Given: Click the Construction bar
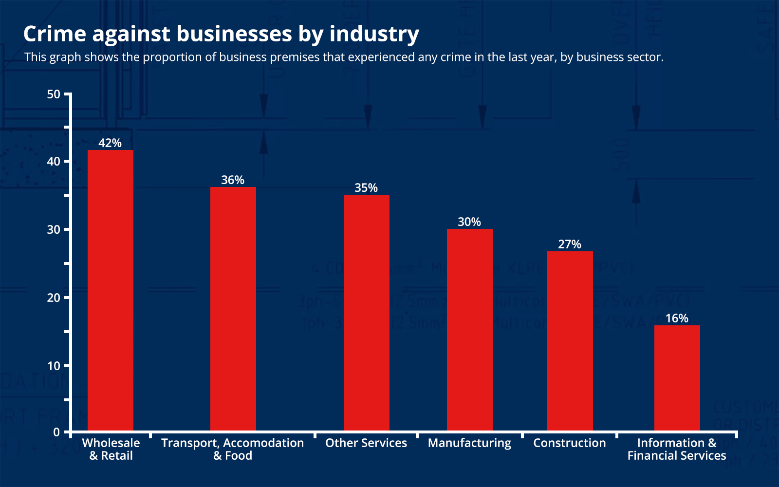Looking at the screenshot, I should point(570,341).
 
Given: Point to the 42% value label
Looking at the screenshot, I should point(110,143).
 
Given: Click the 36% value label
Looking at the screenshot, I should point(233,180).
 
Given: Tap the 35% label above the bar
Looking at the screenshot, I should point(366,187).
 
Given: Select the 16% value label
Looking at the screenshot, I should point(677,318).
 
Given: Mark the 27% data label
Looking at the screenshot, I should point(570,244).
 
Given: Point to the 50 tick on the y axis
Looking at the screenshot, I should point(54,94).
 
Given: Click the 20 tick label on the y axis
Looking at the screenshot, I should point(54,298).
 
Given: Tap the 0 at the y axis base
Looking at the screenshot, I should point(56,432).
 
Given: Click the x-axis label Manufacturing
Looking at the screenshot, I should point(469,443).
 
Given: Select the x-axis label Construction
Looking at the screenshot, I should point(570,443).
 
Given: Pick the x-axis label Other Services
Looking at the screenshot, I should point(366,443).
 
